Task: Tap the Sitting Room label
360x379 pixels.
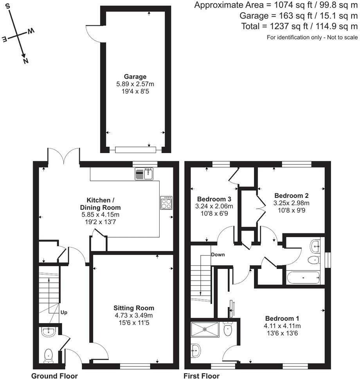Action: pyautogui.click(x=134, y=308)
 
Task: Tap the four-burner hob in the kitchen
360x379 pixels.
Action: pyautogui.click(x=166, y=203)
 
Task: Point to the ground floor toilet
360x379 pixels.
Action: pyautogui.click(x=49, y=355)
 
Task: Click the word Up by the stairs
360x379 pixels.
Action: pyautogui.click(x=64, y=313)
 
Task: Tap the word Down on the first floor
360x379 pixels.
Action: pyautogui.click(x=218, y=254)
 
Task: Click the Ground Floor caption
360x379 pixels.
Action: pyautogui.click(x=54, y=375)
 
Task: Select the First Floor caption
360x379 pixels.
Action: pyautogui.click(x=202, y=375)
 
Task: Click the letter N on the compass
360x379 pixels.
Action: pyautogui.click(x=25, y=61)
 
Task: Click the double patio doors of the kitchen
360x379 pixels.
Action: pyautogui.click(x=64, y=155)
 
